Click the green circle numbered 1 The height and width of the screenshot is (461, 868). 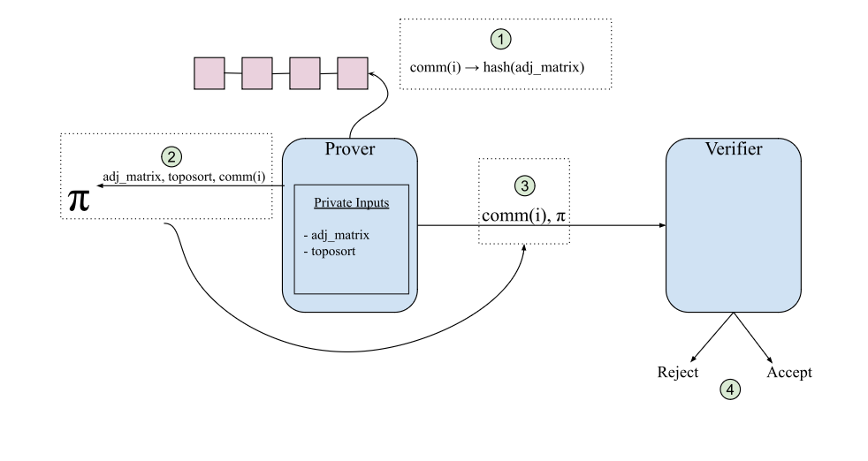pos(501,39)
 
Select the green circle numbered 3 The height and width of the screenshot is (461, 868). pos(524,185)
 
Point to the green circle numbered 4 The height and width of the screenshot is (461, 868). pos(729,388)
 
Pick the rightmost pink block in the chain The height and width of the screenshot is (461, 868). pos(352,73)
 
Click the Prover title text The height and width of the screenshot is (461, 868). pos(350,149)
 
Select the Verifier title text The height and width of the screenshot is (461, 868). pos(733,149)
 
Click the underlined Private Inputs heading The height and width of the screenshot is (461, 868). pos(351,202)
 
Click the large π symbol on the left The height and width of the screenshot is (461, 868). pos(79,200)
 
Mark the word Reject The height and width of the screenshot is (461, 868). pos(678,372)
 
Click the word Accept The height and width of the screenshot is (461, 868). pos(788,372)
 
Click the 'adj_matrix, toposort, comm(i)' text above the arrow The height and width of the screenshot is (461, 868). pos(183,177)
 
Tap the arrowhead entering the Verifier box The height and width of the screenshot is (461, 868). pos(661,226)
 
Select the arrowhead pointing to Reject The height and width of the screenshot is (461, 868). pos(692,358)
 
